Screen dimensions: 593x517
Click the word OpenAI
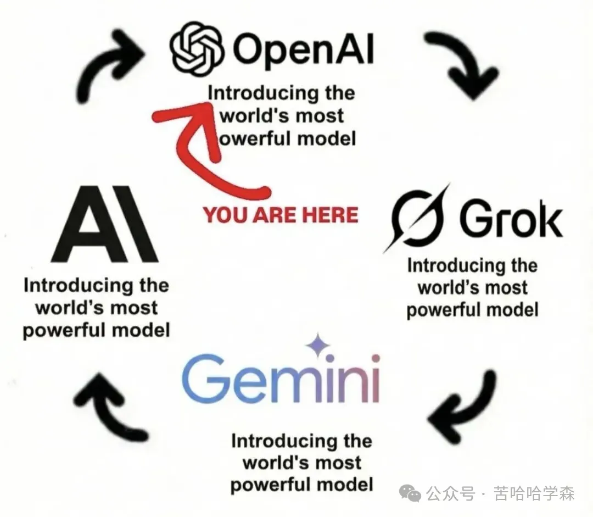tap(303, 49)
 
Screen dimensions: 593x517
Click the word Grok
tap(510, 220)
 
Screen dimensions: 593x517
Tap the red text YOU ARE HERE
tap(281, 214)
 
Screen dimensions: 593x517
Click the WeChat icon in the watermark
tap(410, 493)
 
